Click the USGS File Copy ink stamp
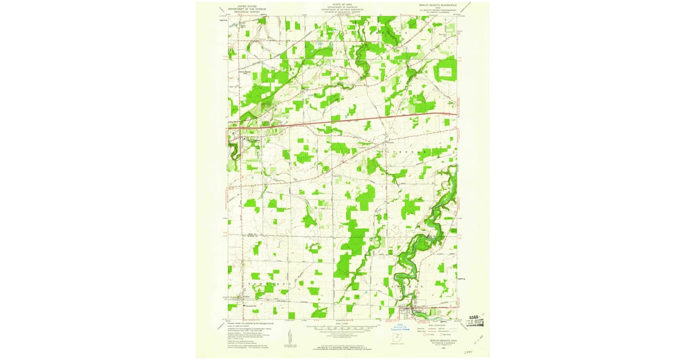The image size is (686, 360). [x=475, y=320]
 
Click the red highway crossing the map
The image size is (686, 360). [x=343, y=119]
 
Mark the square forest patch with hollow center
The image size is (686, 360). [x=445, y=71]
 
